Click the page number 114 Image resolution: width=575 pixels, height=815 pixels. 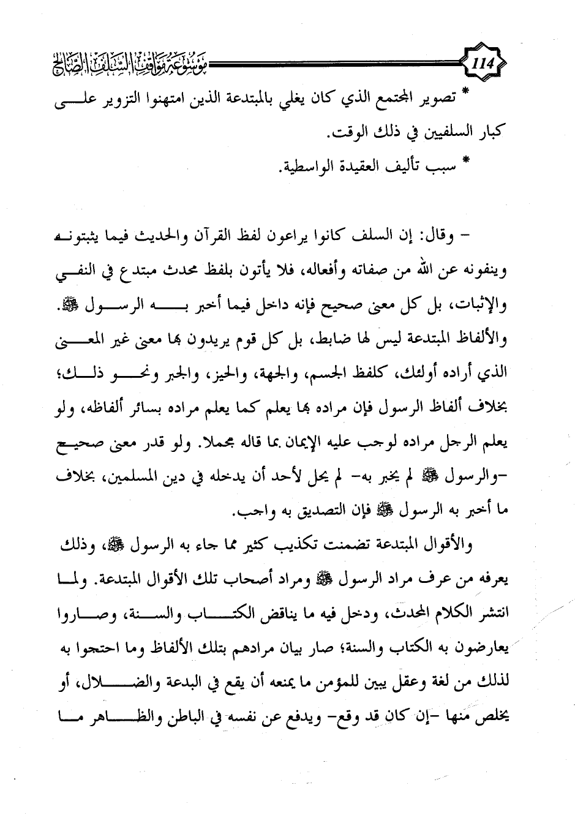pos(487,62)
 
